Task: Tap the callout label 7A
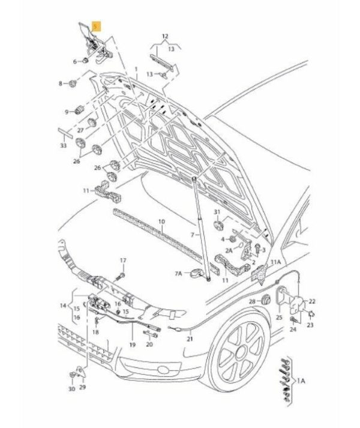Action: pyautogui.click(x=178, y=274)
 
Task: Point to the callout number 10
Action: pyautogui.click(x=161, y=223)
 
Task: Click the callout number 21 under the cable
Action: pyautogui.click(x=190, y=339)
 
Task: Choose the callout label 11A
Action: pyautogui.click(x=276, y=262)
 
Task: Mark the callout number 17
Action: pyautogui.click(x=123, y=260)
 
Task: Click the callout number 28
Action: pyautogui.click(x=252, y=300)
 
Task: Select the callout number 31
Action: pyautogui.click(x=218, y=213)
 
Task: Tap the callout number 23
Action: pyautogui.click(x=310, y=325)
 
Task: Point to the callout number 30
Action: pyautogui.click(x=71, y=390)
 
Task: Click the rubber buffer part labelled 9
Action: pyautogui.click(x=77, y=110)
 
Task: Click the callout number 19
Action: pyautogui.click(x=132, y=345)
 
